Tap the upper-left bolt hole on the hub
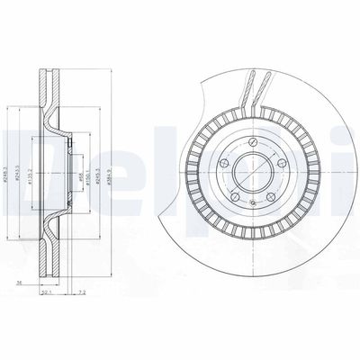(222, 164)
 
